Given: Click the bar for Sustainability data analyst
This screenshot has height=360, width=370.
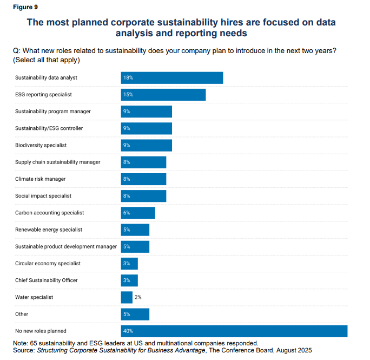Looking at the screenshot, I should (171, 78).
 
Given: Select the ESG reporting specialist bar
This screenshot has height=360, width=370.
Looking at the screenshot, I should (163, 95).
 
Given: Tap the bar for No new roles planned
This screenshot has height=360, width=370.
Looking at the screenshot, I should (234, 331).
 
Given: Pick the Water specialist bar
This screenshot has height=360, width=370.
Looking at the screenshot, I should (127, 297).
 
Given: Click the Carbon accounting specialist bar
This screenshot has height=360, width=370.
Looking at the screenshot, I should (138, 213).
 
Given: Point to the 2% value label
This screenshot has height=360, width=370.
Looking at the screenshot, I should (138, 297).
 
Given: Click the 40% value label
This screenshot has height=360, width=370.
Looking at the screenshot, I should (128, 331).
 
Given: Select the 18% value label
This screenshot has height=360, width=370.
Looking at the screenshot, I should (128, 78).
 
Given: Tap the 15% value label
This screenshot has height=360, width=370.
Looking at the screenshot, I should (128, 95).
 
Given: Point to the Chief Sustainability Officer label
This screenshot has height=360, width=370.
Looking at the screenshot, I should (46, 280).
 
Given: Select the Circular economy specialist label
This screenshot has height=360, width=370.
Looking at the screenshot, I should (48, 263).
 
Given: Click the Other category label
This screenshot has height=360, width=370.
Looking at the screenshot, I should (22, 314).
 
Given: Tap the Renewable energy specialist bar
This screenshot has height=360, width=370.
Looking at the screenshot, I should (135, 230).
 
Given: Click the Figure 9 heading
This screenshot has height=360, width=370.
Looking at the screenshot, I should (25, 8).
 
